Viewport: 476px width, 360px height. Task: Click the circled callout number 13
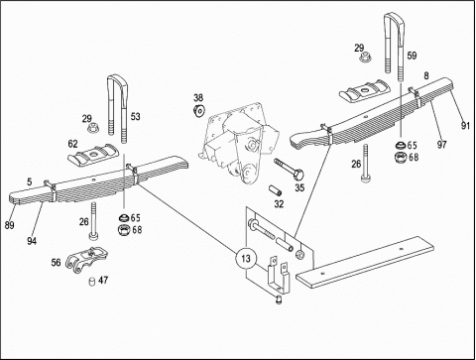coord(246,258)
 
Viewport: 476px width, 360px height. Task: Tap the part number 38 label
coord(198,97)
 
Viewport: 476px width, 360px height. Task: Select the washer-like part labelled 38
coord(199,110)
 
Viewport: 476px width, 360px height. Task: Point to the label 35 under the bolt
coord(299,187)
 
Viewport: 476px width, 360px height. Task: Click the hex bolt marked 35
coord(289,168)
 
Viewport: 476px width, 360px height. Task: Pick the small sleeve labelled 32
coord(275,190)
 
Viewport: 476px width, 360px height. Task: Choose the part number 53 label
coord(135,116)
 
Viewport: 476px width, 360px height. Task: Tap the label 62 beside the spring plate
coord(72,144)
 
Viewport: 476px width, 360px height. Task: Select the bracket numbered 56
coord(86,260)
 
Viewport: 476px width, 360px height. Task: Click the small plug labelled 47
coord(92,282)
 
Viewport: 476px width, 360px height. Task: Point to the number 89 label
coord(10,225)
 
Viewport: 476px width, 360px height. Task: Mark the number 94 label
coord(32,241)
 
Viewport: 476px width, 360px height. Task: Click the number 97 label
coord(442,145)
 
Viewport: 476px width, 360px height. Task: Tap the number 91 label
coord(465,126)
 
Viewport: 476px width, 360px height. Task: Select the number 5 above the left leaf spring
coord(30,181)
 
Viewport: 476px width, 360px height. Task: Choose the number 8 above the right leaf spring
coord(426,75)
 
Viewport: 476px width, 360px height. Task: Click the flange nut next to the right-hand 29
coord(365,57)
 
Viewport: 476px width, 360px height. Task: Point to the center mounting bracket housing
coord(239,143)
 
